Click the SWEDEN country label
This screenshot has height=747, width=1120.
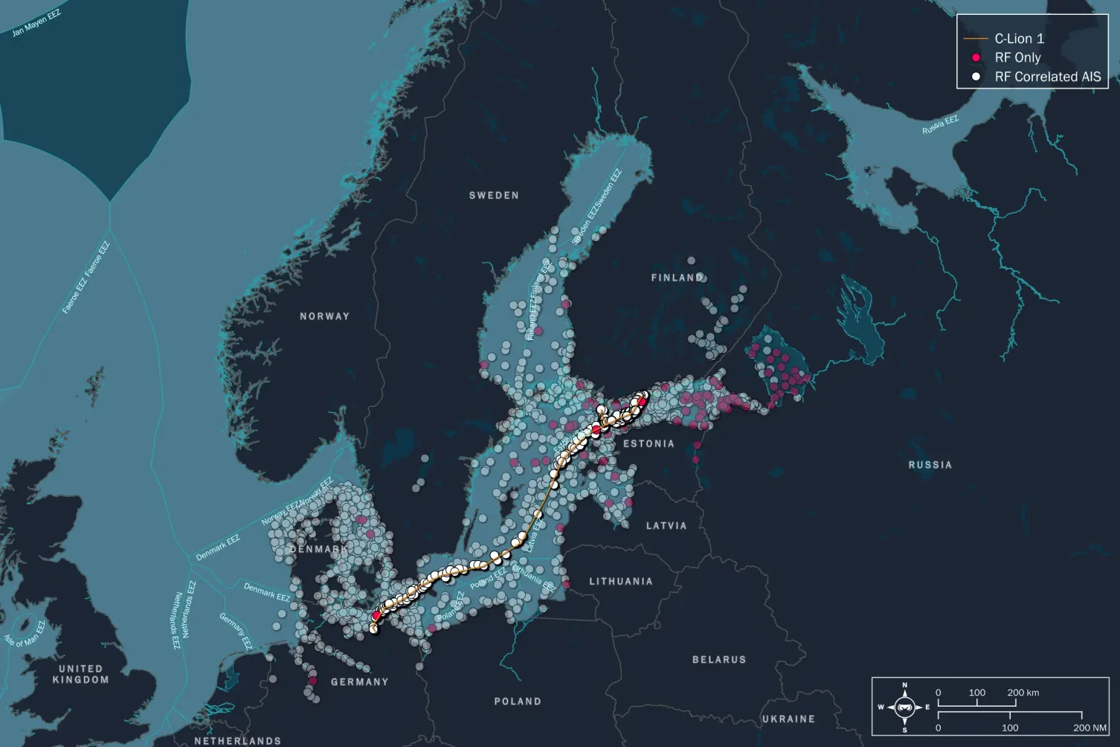[x=494, y=196]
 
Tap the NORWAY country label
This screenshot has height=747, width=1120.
[x=324, y=316]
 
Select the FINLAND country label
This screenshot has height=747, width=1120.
[x=678, y=278]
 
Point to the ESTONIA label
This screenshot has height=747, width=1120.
[x=648, y=443]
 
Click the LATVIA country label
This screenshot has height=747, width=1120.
[x=666, y=525]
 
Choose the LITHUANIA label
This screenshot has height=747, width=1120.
[x=621, y=581]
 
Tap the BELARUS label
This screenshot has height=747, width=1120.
[x=718, y=659]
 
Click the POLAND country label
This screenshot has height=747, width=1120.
[x=518, y=701]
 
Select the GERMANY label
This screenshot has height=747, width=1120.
[x=360, y=682]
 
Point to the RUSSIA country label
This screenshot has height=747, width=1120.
[x=930, y=464]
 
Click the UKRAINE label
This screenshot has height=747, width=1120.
[x=788, y=719]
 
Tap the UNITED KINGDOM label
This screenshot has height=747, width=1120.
[x=80, y=674]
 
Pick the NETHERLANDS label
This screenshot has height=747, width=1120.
[x=238, y=740]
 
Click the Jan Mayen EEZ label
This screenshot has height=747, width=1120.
[x=36, y=23]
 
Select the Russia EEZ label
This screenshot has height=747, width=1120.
[x=940, y=125]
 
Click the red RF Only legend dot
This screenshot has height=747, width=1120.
[x=976, y=57]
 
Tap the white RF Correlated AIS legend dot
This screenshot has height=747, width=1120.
[x=976, y=77]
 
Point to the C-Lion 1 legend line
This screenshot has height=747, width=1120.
[x=975, y=39]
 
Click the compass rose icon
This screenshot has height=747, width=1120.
[x=904, y=707]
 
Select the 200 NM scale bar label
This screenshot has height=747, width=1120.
[x=1090, y=728]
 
